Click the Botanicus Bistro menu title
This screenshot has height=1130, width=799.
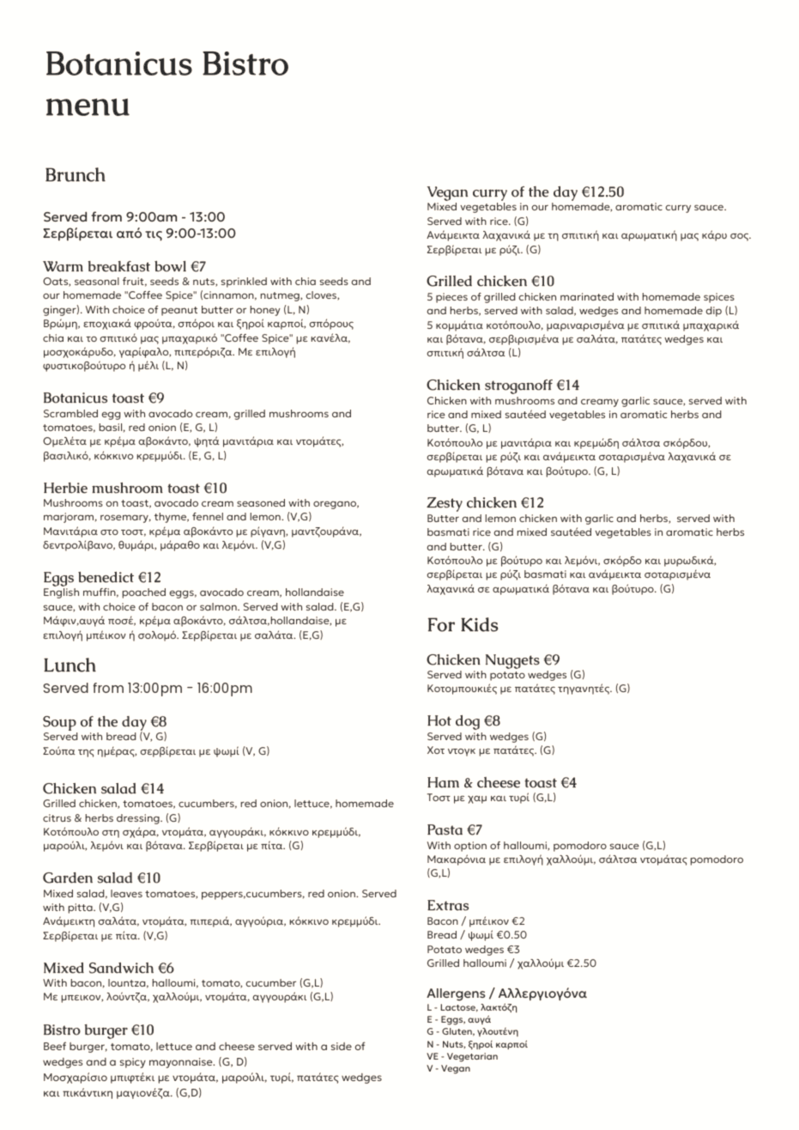(x=166, y=83)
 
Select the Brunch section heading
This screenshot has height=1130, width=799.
(x=75, y=175)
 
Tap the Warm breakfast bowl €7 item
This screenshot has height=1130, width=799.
(x=124, y=266)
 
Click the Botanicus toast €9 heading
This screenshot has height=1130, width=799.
(x=103, y=398)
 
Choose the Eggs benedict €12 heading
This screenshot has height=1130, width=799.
(x=102, y=577)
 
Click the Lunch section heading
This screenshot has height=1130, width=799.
(x=70, y=665)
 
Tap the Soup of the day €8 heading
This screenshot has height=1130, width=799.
(x=105, y=722)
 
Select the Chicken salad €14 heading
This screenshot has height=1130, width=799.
(x=103, y=788)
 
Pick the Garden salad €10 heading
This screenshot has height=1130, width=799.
(x=101, y=878)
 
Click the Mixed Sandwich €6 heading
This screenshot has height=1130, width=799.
(x=108, y=968)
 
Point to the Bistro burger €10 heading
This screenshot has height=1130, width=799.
(x=98, y=1030)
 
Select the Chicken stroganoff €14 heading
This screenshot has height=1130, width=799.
(x=503, y=386)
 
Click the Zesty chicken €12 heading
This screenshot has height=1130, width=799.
(x=486, y=502)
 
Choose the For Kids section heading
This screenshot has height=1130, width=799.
(x=463, y=625)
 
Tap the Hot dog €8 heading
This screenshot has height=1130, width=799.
(x=463, y=721)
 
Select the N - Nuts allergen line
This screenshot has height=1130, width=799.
(x=476, y=1044)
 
